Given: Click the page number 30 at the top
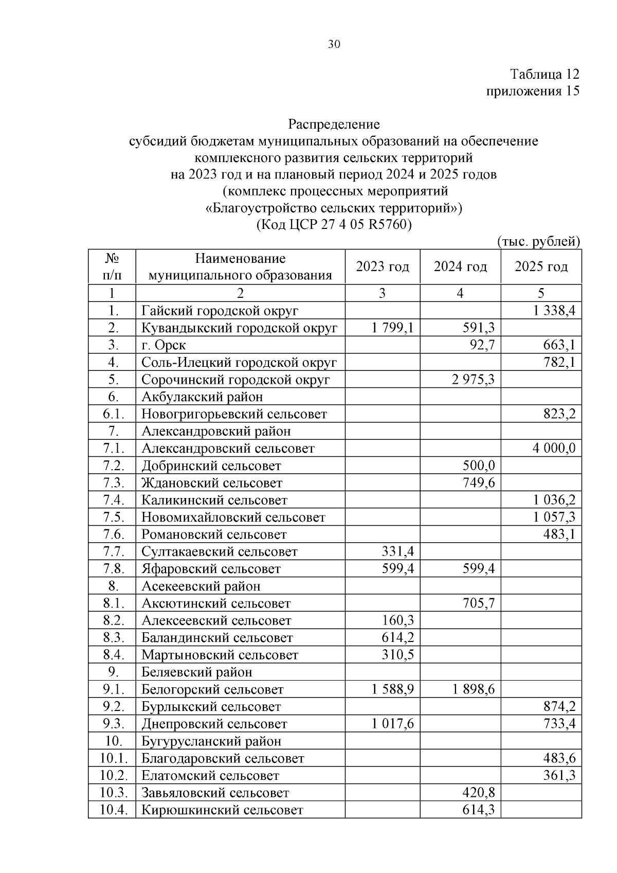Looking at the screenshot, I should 334,45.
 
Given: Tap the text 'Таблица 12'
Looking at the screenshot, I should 545,74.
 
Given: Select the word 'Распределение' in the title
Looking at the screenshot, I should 334,124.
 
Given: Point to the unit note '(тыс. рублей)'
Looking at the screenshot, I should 539,241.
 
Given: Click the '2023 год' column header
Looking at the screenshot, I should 383,266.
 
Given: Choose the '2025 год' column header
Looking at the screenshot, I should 541,266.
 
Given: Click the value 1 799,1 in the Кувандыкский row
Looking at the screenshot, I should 393,328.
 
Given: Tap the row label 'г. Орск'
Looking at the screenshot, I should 164,345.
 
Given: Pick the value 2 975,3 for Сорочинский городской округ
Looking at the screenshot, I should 474,380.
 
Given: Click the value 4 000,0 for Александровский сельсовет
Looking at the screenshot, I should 554,449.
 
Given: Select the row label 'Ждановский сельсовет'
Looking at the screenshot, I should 212,483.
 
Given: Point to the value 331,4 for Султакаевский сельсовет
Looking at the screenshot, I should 397,552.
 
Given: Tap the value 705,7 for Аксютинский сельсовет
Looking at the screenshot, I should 479,603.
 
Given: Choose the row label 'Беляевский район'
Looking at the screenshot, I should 197,672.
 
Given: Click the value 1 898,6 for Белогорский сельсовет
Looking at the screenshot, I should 474,689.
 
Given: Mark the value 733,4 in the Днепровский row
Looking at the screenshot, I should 559,724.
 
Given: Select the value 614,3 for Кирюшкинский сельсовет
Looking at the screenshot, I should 479,810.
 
